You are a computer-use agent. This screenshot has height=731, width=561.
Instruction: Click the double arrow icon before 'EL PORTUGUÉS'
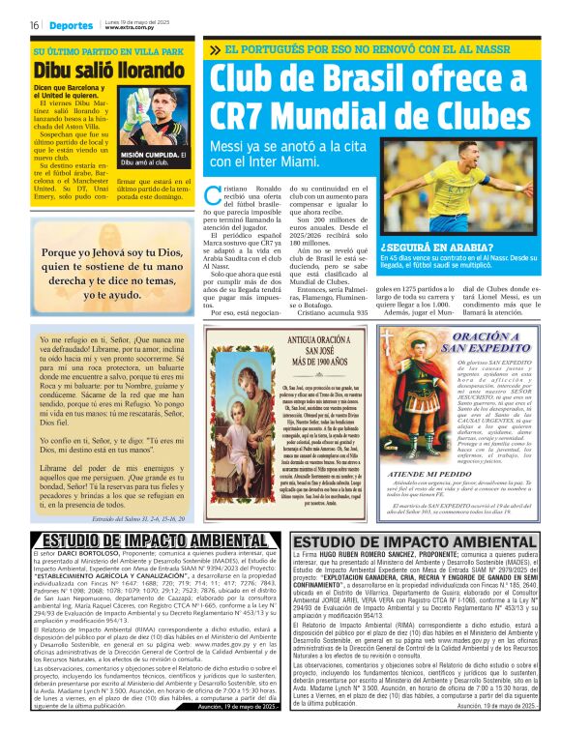(214, 48)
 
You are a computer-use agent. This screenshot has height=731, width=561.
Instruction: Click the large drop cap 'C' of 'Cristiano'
(212, 194)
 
